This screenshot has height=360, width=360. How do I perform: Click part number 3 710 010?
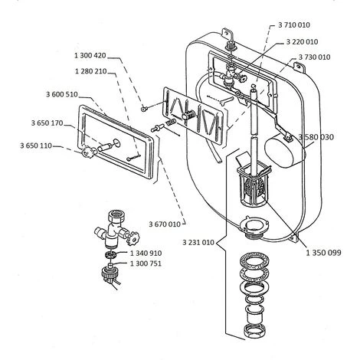click(x=294, y=25)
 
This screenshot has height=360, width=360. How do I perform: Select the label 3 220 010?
click(x=302, y=41)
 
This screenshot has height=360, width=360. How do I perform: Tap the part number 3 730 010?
click(x=314, y=57)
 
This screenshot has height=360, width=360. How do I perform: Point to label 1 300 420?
click(x=90, y=55)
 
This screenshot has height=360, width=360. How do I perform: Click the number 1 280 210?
click(x=90, y=71)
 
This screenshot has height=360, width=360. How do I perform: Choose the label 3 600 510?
click(x=62, y=94)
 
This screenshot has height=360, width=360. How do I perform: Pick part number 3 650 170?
click(x=47, y=123)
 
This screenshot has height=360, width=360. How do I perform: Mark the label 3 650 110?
click(x=36, y=146)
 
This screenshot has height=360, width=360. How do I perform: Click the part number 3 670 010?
click(x=165, y=224)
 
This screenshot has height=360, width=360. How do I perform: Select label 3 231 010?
click(x=198, y=242)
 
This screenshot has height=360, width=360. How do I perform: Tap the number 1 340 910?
click(x=146, y=253)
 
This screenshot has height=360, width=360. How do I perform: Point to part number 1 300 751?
click(x=146, y=263)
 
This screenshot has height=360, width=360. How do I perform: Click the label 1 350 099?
click(x=323, y=253)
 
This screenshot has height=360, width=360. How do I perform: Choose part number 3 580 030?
click(x=316, y=137)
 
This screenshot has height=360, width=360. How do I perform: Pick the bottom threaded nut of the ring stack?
click(x=254, y=331)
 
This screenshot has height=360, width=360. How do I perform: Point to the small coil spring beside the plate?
click(x=171, y=122)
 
